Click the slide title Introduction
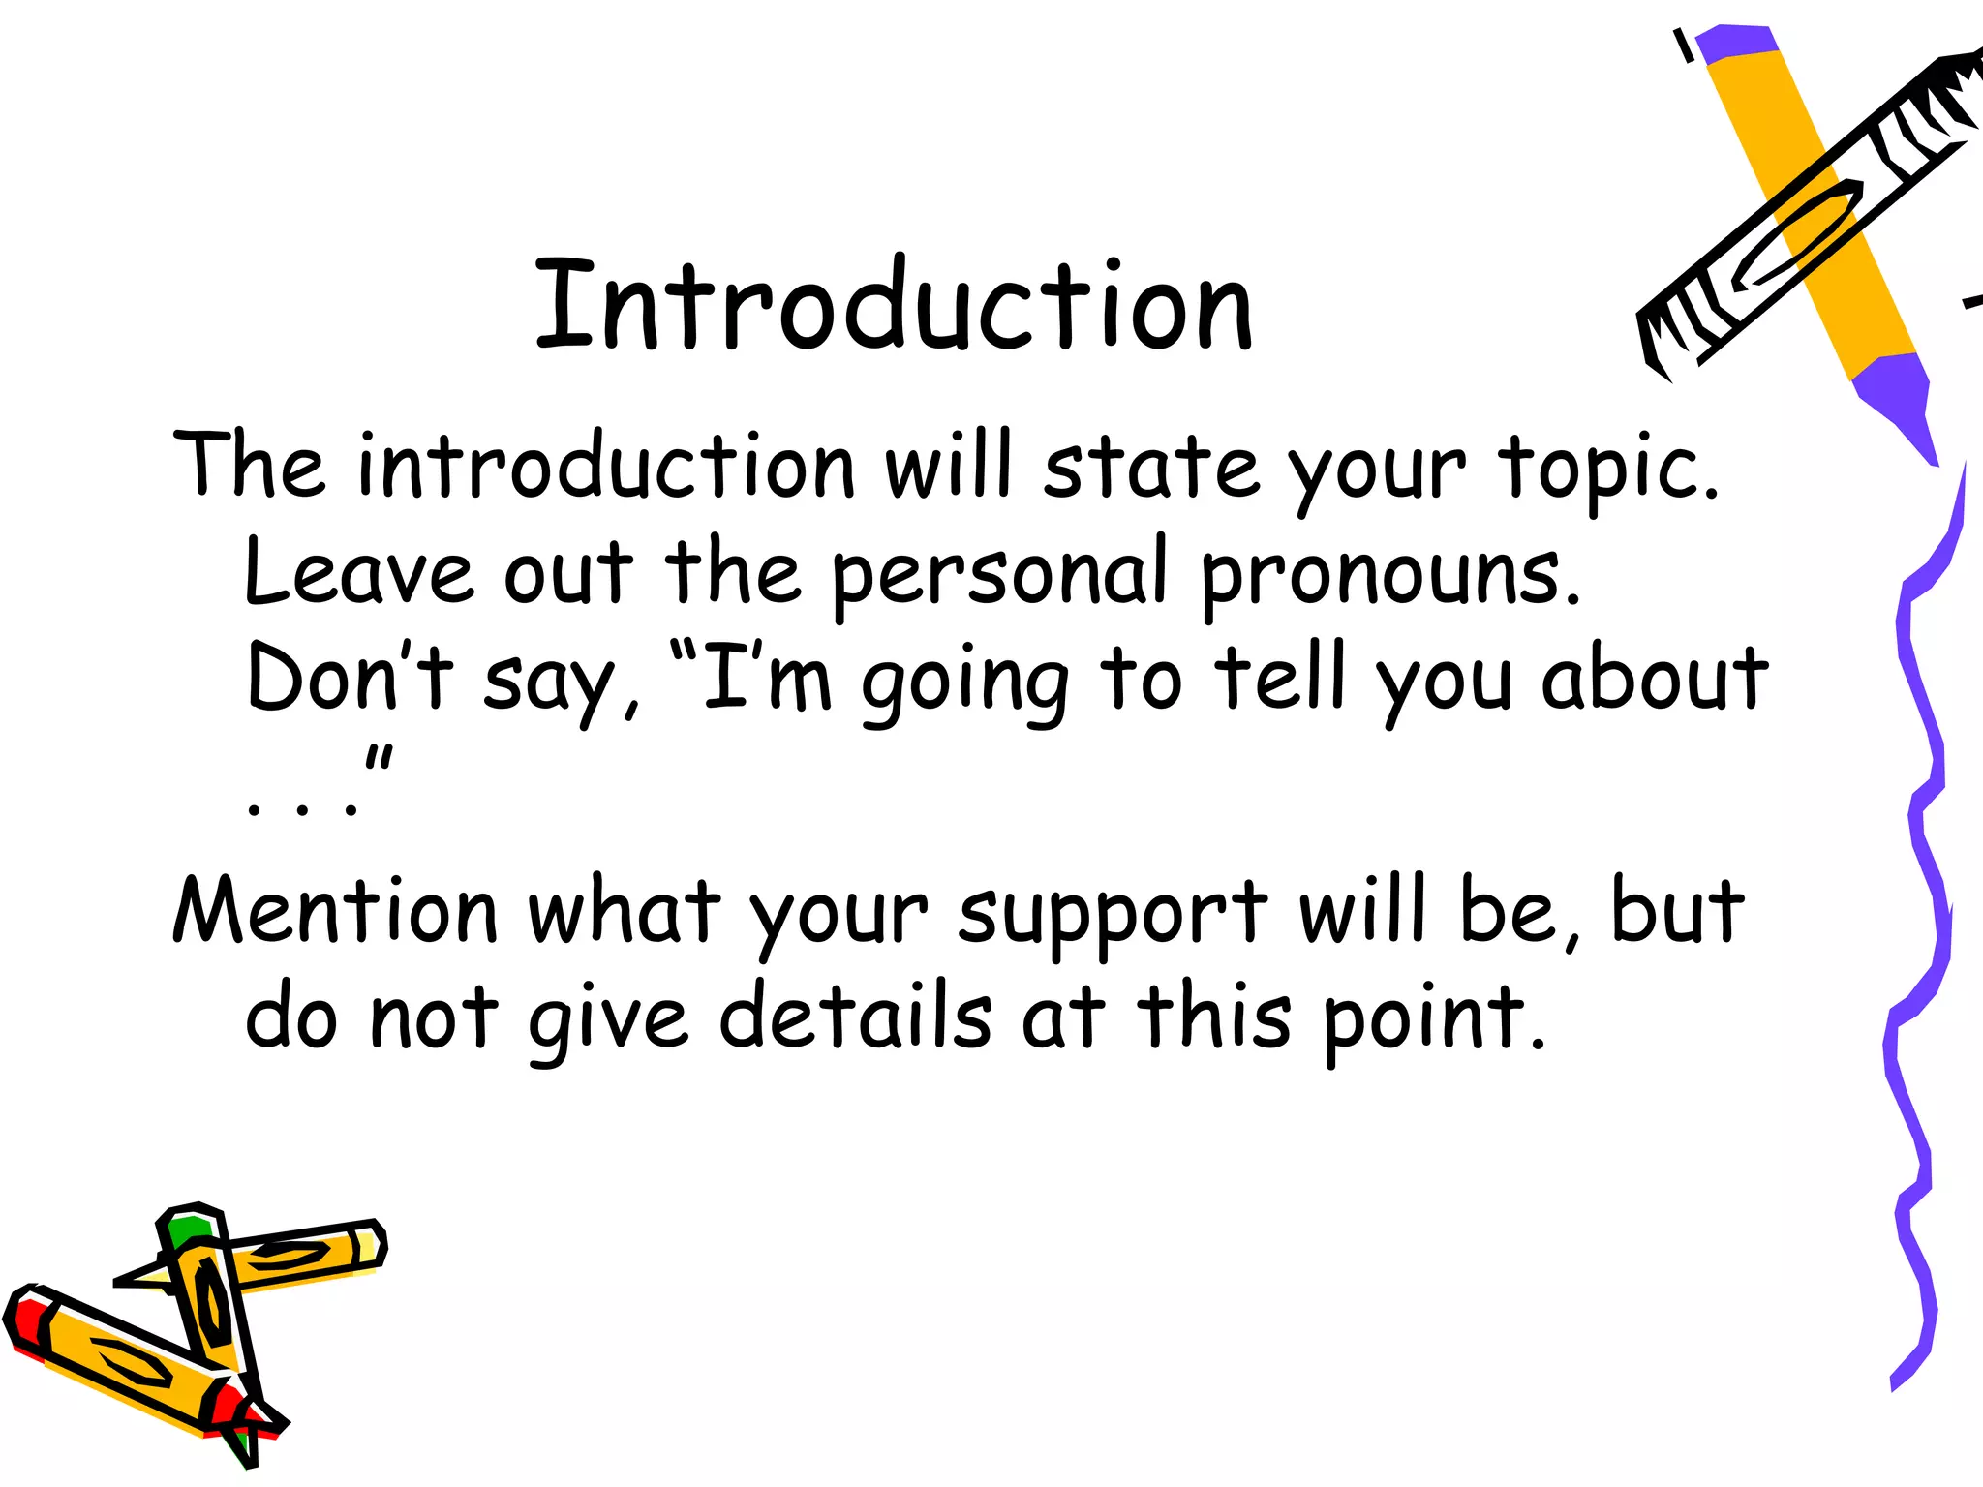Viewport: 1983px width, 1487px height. pos(893,306)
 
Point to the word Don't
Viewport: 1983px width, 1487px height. pos(350,678)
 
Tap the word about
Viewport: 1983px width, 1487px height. pos(1655,678)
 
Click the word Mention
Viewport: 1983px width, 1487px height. pos(335,911)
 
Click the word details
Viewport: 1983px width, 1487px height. pos(856,1017)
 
